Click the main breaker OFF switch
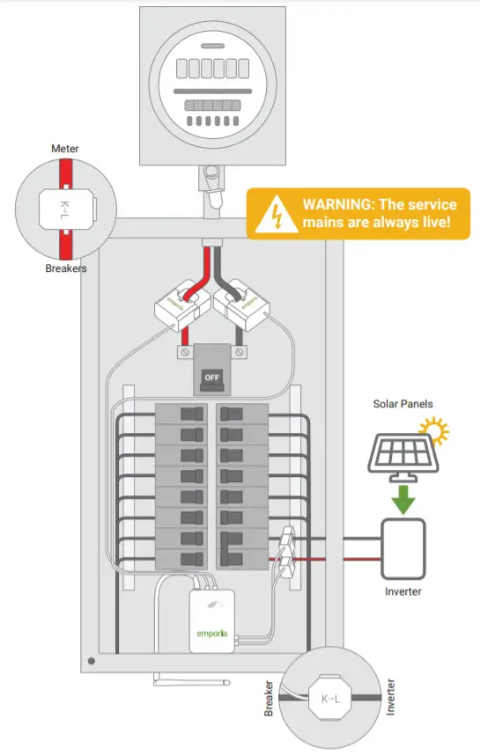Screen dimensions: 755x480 point(211,377)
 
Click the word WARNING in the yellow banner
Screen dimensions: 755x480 point(336,203)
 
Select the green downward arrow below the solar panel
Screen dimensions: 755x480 point(403,497)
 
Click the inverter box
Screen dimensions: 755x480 point(403,546)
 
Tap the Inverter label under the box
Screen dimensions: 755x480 point(402,591)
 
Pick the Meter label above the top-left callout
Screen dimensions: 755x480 point(65,149)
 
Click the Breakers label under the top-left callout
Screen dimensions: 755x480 point(66,268)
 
